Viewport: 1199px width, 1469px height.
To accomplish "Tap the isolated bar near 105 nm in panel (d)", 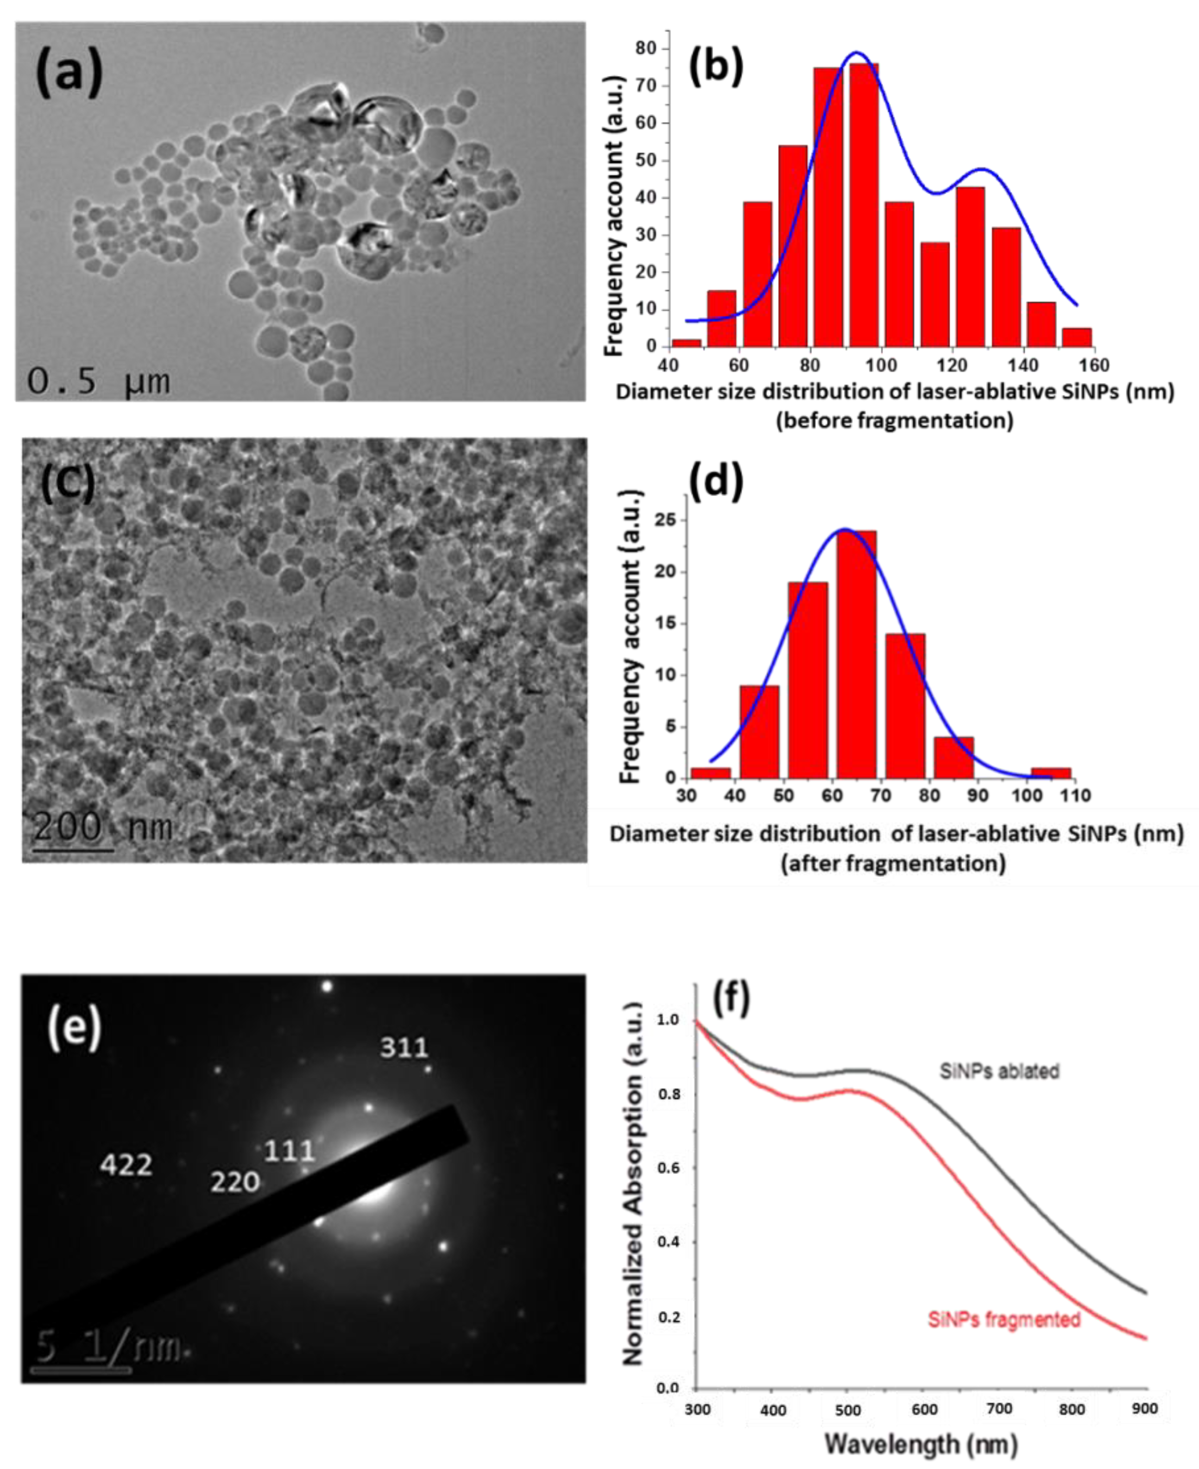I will [x=1050, y=772].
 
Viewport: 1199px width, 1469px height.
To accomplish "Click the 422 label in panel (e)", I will [x=126, y=1165].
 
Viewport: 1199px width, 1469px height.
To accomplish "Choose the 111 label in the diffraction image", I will [x=290, y=1151].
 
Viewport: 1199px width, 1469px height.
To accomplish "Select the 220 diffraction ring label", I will [x=235, y=1182].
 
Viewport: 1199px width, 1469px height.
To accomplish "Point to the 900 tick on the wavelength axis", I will [x=1144, y=1409].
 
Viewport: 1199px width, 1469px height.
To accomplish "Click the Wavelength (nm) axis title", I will [x=921, y=1444].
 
